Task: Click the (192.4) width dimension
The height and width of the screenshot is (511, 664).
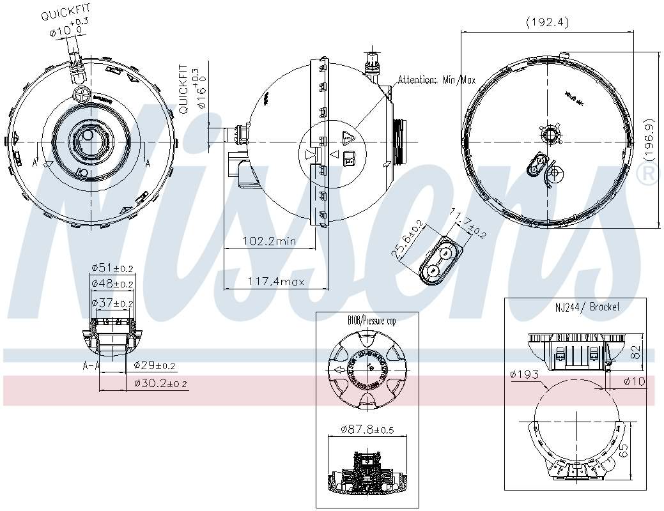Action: [x=547, y=22]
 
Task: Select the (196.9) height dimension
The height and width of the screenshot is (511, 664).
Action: [x=649, y=139]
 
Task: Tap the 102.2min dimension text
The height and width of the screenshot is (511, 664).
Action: [x=269, y=241]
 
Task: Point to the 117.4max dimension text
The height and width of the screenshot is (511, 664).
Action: [x=275, y=282]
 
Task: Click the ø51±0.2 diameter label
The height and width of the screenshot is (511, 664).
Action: [x=112, y=268]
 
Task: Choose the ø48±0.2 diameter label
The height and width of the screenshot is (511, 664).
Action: [x=112, y=284]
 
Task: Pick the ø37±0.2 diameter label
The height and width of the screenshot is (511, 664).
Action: [x=112, y=303]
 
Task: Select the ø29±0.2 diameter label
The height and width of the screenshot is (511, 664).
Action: [x=154, y=365]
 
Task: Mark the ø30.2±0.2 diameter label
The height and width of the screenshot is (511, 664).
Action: [x=160, y=383]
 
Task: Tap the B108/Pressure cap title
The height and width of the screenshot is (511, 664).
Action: [x=371, y=321]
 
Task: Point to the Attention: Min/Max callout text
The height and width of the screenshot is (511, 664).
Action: [x=436, y=80]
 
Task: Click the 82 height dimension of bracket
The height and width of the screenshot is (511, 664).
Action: [x=634, y=352]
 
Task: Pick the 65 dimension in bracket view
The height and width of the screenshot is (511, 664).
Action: [x=625, y=452]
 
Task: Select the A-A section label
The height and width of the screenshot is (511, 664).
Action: [x=91, y=366]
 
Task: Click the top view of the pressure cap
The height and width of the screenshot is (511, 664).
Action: [x=366, y=370]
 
